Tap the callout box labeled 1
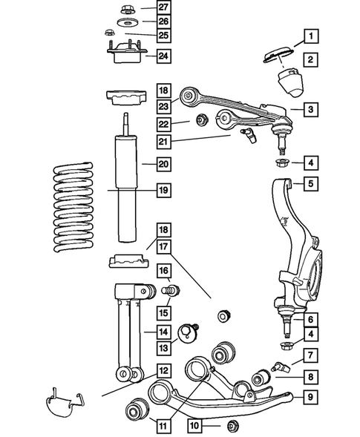[x=311, y=34]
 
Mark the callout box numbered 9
[x=311, y=397]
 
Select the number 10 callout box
[x=194, y=426]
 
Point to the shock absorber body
[x=125, y=185]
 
